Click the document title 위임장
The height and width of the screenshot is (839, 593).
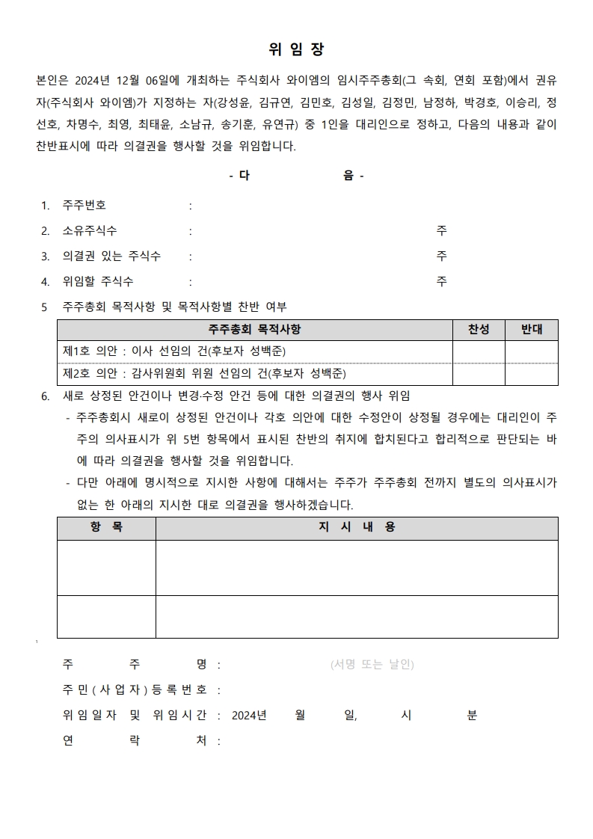point(296,49)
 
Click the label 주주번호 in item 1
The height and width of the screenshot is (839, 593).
point(85,206)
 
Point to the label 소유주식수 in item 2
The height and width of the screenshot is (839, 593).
point(90,231)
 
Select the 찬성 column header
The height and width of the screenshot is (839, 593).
point(479,330)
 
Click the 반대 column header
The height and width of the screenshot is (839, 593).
point(531,330)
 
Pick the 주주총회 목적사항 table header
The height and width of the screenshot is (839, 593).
point(255,330)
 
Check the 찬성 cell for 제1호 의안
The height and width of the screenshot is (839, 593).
point(479,351)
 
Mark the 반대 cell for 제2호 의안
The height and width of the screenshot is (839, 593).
point(531,374)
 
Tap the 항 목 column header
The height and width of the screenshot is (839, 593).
point(106,527)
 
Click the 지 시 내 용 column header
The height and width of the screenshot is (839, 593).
point(357,527)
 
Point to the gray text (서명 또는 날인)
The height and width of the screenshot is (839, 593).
point(372,664)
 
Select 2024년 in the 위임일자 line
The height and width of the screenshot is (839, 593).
point(249,716)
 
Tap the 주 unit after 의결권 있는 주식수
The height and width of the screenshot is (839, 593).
point(442,256)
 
